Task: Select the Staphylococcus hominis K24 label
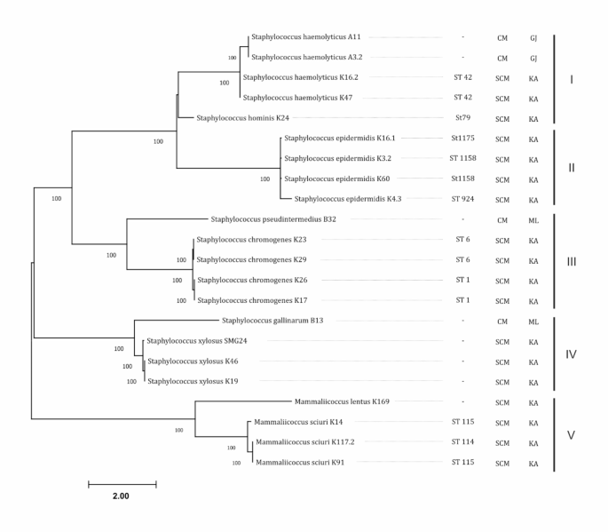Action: pyautogui.click(x=242, y=118)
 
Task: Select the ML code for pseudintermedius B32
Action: pyautogui.click(x=533, y=219)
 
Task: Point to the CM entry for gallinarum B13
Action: pyautogui.click(x=501, y=321)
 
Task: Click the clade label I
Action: pyautogui.click(x=572, y=77)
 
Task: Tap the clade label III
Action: pyautogui.click(x=572, y=261)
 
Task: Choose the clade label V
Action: pyautogui.click(x=572, y=434)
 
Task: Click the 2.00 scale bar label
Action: pyautogui.click(x=121, y=496)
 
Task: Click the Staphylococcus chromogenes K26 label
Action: pyautogui.click(x=251, y=280)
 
